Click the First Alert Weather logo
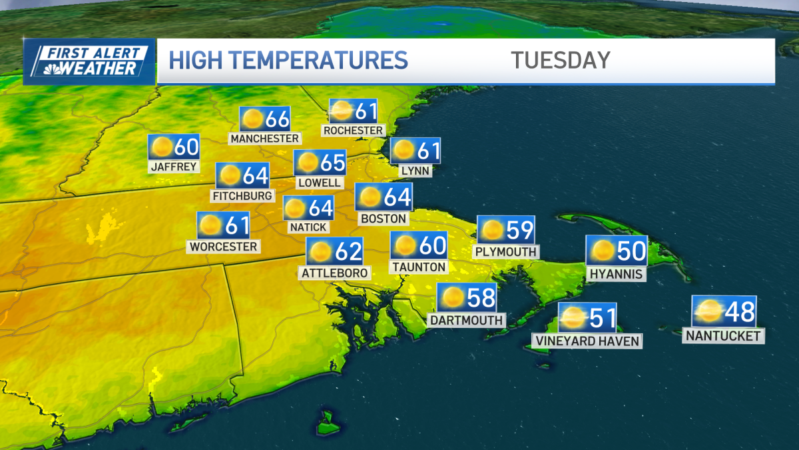click(x=89, y=61)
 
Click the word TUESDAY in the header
click(x=561, y=60)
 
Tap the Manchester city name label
click(x=264, y=138)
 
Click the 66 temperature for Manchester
click(x=277, y=119)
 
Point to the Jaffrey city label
click(x=174, y=166)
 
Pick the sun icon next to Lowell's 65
click(x=308, y=162)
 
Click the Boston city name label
click(x=383, y=218)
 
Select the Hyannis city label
click(x=616, y=273)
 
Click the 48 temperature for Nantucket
click(x=740, y=311)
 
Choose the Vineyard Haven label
click(x=587, y=341)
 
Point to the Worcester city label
click(x=223, y=246)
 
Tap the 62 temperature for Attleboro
click(x=348, y=251)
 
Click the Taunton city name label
click(x=419, y=267)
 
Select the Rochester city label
click(x=354, y=130)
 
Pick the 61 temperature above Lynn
click(x=427, y=151)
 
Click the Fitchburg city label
click(x=242, y=195)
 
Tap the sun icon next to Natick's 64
click(x=296, y=209)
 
